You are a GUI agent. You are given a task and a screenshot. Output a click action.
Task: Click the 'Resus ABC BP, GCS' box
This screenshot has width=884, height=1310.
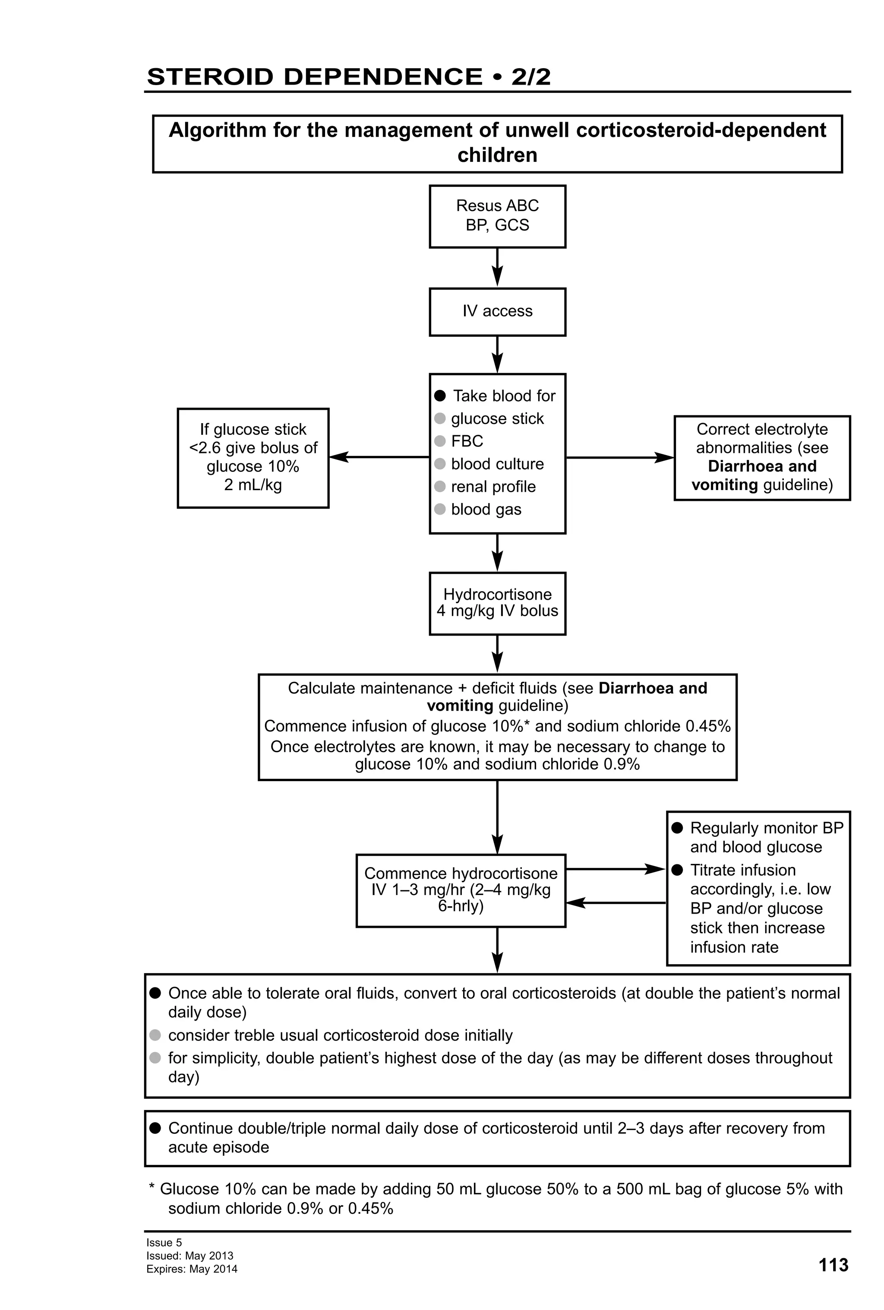coord(497,216)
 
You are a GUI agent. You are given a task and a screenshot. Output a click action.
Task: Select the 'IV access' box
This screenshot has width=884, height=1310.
coord(497,311)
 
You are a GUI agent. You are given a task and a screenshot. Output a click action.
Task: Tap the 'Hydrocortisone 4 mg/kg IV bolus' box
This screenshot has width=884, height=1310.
coord(497,603)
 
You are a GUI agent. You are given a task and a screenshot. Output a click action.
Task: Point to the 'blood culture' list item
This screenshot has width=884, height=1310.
coord(497,464)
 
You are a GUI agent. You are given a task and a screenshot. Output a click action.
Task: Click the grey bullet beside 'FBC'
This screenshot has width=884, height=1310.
coord(440,441)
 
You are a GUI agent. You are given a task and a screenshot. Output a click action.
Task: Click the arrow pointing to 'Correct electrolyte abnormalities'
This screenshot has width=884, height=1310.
coord(619,458)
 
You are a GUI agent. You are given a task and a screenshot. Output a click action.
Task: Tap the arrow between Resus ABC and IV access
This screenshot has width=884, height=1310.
coord(497,267)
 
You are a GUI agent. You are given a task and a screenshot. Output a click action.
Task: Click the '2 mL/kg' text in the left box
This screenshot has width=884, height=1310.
coord(253,485)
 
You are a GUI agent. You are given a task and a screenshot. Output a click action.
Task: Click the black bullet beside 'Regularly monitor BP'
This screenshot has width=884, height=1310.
coord(677,828)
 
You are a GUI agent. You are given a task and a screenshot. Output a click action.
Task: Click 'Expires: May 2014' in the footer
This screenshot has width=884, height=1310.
coord(192,1269)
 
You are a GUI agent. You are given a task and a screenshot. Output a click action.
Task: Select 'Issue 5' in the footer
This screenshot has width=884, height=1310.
coord(164,1242)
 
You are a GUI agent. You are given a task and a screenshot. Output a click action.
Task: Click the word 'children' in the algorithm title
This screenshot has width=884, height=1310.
coord(497,155)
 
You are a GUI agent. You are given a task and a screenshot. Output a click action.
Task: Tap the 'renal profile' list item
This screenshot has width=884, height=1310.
coord(493,487)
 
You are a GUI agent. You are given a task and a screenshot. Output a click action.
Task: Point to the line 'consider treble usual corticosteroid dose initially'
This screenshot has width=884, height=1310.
coord(340,1035)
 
